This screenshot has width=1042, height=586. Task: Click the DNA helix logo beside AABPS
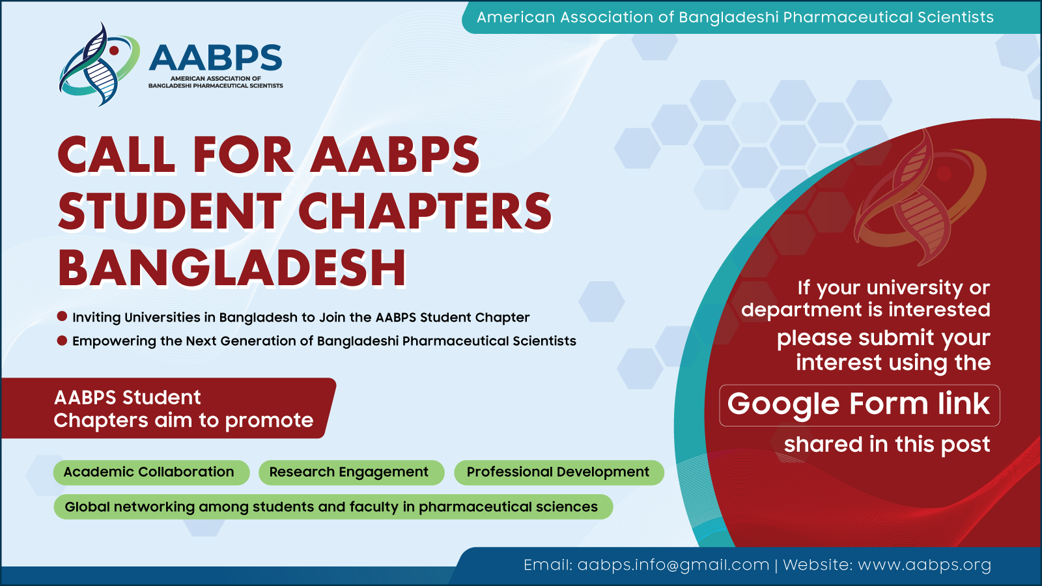[99, 64]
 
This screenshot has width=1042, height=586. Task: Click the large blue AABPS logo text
[216, 57]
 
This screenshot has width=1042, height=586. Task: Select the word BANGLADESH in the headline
[232, 268]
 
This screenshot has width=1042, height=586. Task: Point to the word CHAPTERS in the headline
[425, 211]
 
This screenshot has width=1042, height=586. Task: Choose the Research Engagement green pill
[351, 473]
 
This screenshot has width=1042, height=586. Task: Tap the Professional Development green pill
[559, 473]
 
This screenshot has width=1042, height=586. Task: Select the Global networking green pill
[333, 507]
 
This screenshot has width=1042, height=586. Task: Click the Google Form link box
[859, 405]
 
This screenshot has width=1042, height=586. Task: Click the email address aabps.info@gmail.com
[673, 565]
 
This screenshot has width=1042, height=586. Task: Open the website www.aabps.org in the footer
[924, 565]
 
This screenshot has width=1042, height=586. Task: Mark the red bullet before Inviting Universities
[62, 316]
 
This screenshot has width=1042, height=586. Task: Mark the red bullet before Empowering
[62, 341]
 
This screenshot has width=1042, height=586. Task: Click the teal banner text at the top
[735, 18]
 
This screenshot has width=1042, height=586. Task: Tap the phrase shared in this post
[886, 445]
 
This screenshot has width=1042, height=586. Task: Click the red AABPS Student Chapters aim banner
[168, 408]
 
